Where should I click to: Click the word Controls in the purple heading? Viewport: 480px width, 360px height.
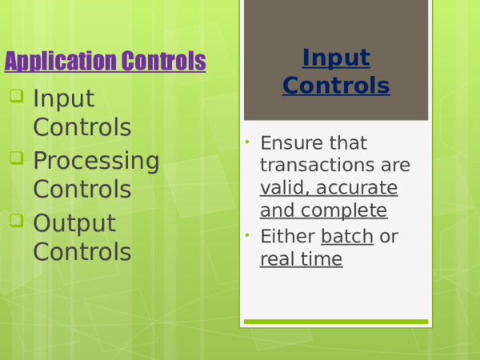163,62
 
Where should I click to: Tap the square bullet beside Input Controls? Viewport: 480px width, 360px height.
17,98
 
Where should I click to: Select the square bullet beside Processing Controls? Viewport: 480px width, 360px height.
17,158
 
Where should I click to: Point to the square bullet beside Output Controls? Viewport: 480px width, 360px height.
17,221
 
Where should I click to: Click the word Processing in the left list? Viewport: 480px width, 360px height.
96,161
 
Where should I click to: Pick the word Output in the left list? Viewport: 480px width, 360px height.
74,223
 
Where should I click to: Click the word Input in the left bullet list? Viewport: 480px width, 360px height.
64,99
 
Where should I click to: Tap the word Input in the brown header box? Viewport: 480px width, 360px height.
336,58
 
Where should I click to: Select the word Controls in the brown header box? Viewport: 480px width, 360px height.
336,86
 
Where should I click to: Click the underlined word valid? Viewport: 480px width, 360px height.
281,189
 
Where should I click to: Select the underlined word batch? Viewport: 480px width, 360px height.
346,238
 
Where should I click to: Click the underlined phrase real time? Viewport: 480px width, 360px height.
301,260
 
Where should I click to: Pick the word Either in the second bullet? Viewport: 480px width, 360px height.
287,238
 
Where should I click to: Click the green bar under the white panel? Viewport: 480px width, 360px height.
335,322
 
